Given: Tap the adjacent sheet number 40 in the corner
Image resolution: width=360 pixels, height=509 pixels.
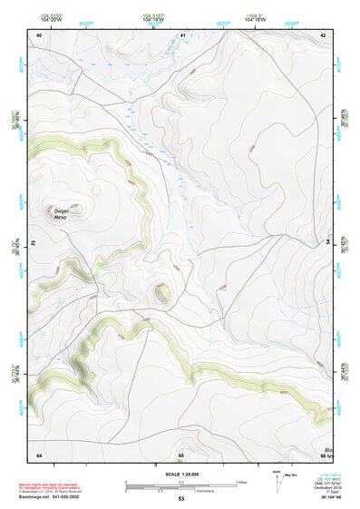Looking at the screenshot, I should tap(39, 34).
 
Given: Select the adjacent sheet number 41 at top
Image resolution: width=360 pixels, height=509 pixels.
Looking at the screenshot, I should tap(182, 34).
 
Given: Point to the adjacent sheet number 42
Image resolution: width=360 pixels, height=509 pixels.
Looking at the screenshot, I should tap(324, 34).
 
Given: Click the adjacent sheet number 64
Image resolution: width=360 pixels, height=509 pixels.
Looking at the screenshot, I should tap(39, 455).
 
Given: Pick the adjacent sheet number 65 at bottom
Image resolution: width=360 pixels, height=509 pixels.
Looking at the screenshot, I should tap(181, 455).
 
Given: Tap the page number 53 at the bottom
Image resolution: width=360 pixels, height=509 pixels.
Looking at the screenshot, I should tap(181, 499).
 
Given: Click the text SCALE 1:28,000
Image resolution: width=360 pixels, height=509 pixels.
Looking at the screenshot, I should tap(180, 475).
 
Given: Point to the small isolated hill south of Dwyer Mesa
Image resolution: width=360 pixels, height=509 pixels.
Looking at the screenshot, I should tap(161, 292).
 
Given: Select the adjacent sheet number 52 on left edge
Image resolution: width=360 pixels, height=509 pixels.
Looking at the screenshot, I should tap(35, 243).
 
